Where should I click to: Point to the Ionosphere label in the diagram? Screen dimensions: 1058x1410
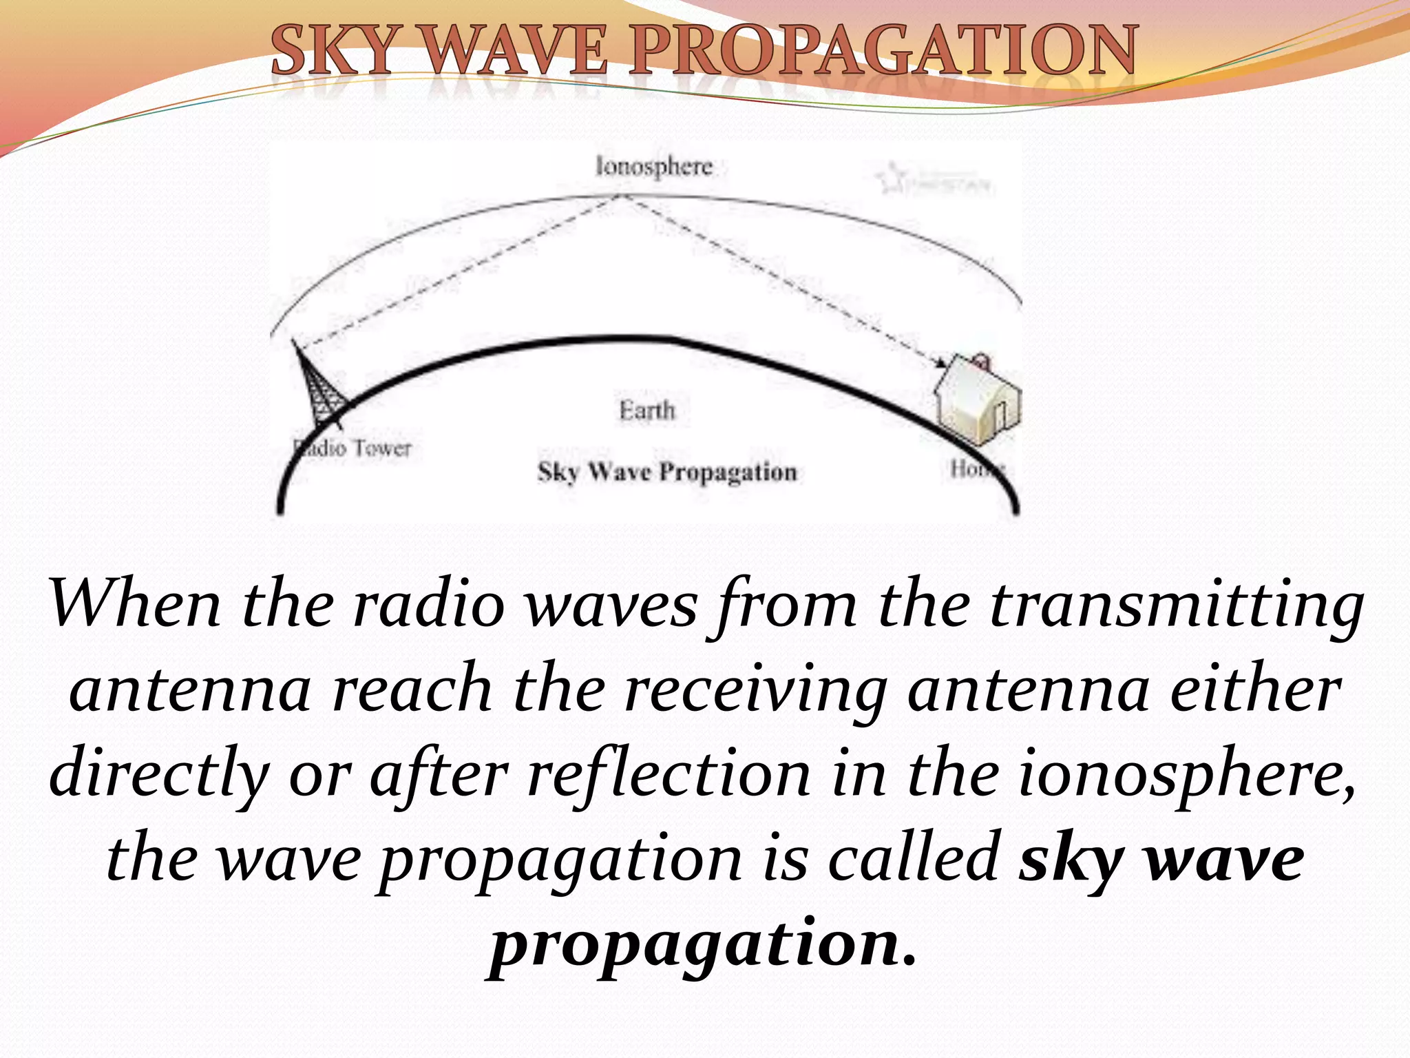pos(653,167)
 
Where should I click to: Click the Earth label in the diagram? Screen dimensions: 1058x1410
pos(647,411)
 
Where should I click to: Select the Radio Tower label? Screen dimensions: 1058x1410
pos(352,448)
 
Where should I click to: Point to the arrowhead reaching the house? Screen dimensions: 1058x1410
pos(940,363)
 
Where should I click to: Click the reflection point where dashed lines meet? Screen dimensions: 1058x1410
pos(621,196)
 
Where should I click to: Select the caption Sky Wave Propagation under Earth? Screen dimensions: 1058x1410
pos(666,473)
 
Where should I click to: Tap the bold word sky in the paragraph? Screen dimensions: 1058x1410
pos(1071,861)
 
